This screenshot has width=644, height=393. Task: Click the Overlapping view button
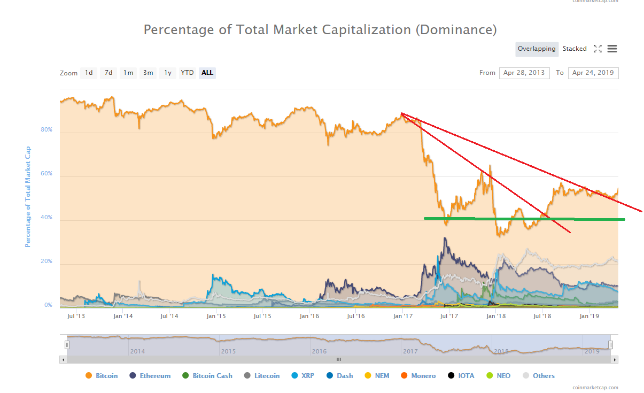(537, 49)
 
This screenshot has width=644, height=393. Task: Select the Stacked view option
(575, 49)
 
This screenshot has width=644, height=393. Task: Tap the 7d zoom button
(108, 73)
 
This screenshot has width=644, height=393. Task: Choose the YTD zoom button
(187, 73)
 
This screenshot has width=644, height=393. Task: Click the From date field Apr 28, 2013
(524, 73)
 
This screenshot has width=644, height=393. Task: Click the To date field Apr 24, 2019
(593, 73)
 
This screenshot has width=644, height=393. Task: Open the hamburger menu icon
(612, 49)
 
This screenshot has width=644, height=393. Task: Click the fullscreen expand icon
(598, 49)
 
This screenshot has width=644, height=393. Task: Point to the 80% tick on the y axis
(46, 130)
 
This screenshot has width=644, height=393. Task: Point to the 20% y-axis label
(46, 261)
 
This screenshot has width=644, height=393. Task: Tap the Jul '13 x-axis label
(76, 316)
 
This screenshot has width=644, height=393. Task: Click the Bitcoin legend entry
(106, 376)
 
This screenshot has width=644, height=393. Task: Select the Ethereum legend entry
(155, 376)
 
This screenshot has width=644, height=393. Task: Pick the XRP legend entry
(307, 376)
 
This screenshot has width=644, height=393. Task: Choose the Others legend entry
(544, 376)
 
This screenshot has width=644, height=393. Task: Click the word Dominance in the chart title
(456, 29)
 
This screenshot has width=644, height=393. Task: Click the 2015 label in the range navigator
(228, 351)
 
